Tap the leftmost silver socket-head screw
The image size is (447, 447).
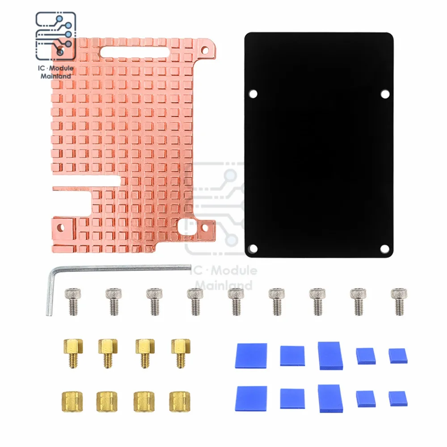[x=73, y=302]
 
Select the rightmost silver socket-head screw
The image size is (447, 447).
[x=399, y=302]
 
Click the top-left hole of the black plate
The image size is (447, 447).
[x=253, y=94]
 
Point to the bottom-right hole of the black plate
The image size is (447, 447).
[x=384, y=249]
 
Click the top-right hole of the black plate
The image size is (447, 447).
[x=385, y=94]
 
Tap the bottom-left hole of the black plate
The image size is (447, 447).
[x=253, y=249]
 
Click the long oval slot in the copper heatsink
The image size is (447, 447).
[x=134, y=52]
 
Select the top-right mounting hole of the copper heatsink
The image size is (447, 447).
[x=205, y=51]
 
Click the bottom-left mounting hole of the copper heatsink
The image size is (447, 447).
[x=61, y=228]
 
